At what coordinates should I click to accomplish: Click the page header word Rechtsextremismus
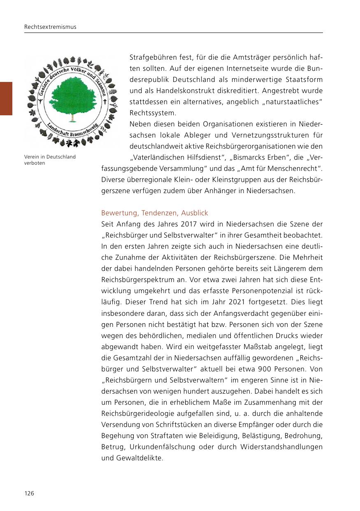(50, 27)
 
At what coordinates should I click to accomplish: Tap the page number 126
(29, 493)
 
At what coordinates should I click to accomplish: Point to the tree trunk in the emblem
(72, 118)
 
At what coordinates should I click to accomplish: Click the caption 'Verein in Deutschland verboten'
(49, 160)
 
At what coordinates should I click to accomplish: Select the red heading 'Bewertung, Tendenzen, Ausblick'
(155, 213)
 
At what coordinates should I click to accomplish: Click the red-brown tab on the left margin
(6, 98)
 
